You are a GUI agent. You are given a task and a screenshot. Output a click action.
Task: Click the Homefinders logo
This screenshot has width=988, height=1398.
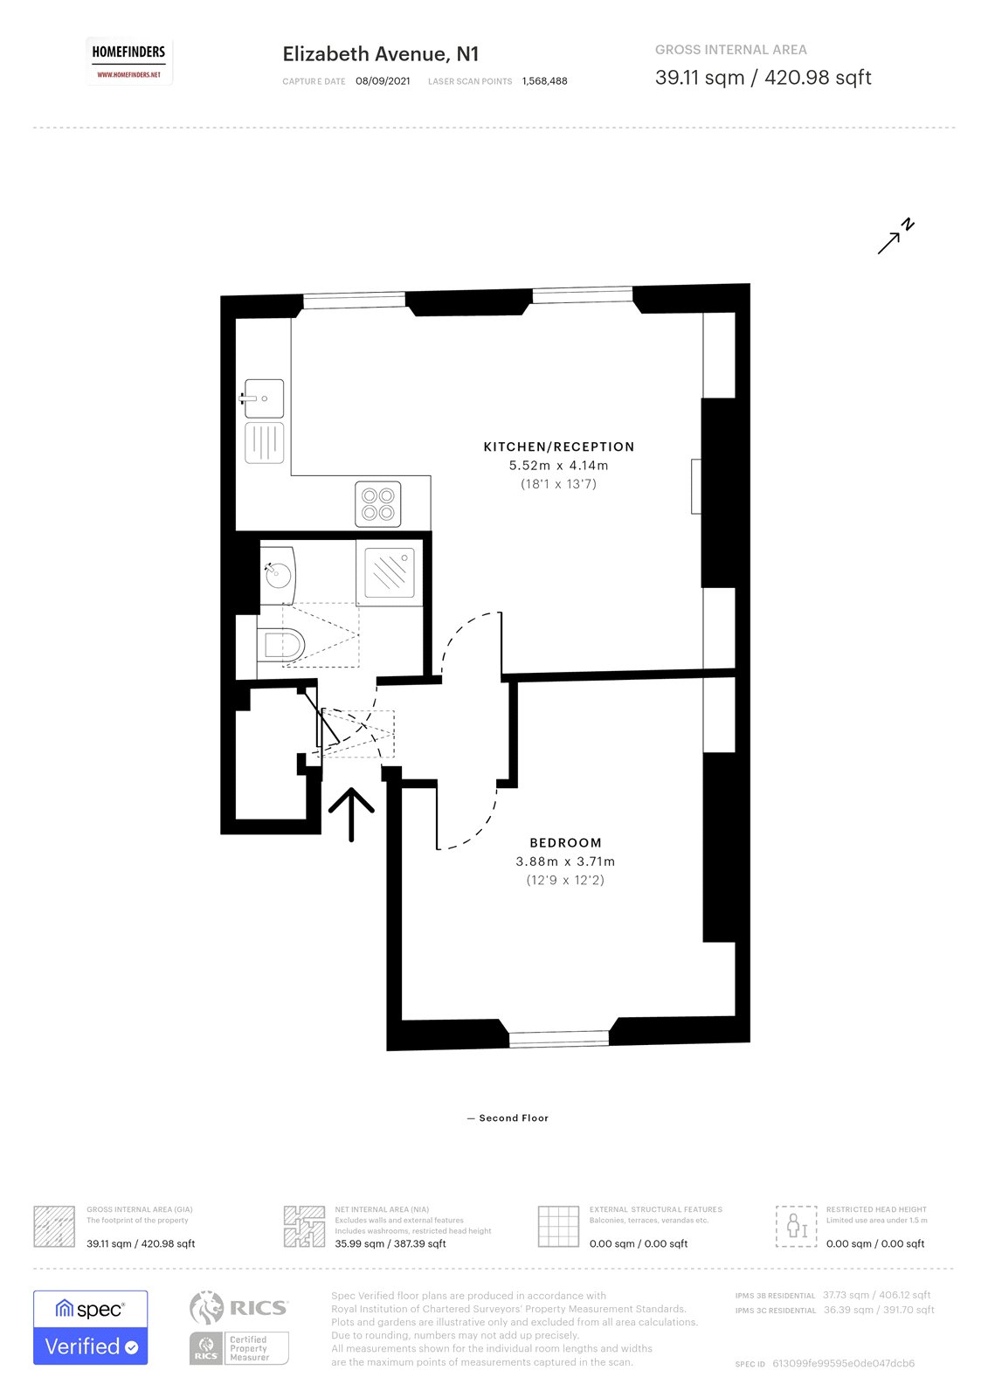[x=128, y=61]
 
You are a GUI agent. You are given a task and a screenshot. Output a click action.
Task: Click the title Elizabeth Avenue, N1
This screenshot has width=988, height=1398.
[x=381, y=54]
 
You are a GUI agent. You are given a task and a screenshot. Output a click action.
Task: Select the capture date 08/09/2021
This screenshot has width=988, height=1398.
[x=383, y=81]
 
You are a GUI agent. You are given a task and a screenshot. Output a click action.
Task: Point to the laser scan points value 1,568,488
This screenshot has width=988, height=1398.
[x=544, y=81]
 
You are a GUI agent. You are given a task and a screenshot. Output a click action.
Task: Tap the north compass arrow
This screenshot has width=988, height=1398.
[x=895, y=237]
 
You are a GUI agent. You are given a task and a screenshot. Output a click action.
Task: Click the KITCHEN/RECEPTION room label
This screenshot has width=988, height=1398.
[x=559, y=446]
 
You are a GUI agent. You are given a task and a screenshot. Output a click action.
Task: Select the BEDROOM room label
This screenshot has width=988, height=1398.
[x=565, y=843]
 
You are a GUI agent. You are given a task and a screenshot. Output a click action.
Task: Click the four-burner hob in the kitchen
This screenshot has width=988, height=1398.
[x=378, y=504]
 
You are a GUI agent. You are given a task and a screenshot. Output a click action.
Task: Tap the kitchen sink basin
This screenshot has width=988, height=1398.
[x=264, y=398]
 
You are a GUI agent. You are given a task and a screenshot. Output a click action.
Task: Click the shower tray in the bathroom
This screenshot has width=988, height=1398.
[x=390, y=572]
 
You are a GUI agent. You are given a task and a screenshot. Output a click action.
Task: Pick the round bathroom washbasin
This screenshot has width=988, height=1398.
[x=278, y=575]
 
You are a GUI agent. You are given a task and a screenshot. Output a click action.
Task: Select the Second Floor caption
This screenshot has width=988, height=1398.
[x=513, y=1118]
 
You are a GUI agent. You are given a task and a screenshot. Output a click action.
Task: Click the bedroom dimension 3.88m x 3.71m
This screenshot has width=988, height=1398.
[x=565, y=862]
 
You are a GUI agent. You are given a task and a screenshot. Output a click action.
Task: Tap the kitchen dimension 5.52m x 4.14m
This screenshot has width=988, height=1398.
[x=559, y=466]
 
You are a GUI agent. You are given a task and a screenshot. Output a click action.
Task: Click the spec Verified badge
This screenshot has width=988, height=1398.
[x=91, y=1327]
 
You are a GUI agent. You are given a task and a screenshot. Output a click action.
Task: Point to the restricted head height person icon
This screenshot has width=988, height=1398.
[x=796, y=1226]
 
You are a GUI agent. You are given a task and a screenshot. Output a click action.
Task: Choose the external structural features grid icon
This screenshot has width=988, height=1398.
[x=558, y=1226]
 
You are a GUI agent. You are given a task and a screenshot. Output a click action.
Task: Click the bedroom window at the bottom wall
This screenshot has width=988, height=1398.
[x=559, y=1038]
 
